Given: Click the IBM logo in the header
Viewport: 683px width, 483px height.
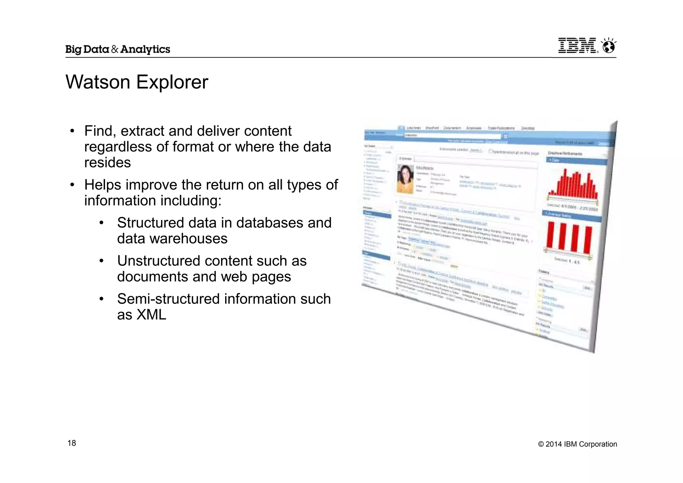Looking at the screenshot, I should click(577, 46).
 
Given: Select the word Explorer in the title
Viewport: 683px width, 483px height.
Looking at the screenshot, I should click(172, 82).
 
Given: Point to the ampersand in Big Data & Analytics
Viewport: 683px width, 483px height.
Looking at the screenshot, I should click(114, 49).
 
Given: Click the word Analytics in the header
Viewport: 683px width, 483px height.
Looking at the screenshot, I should click(145, 49).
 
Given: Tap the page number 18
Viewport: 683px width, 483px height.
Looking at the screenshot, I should click(72, 443).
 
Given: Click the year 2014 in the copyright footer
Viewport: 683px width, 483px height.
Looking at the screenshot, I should click(554, 444).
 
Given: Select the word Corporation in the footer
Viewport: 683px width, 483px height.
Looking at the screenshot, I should click(598, 444).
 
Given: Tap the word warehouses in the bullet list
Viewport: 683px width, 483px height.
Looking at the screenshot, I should click(188, 239).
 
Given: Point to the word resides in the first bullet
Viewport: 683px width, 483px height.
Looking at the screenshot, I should click(107, 163).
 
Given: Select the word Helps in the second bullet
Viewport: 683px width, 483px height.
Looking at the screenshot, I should click(102, 185).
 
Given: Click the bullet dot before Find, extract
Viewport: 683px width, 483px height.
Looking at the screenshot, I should click(72, 131).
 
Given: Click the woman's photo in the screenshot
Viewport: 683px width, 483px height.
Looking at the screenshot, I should click(405, 179).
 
